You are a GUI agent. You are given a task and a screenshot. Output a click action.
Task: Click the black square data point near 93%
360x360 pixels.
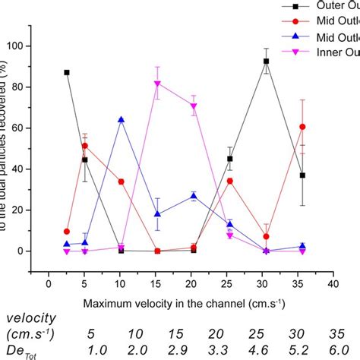coord(266,62)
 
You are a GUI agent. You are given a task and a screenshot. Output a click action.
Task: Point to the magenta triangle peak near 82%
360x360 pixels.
coord(157,84)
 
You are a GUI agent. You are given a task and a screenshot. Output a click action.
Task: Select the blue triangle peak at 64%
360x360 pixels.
coord(121,120)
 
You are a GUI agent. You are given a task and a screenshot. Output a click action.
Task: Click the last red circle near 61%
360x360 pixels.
coord(302,127)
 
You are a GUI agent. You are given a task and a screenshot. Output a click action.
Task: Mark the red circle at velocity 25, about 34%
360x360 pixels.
coord(230,182)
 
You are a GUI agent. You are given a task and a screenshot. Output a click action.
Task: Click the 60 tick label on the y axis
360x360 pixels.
coord(34,128)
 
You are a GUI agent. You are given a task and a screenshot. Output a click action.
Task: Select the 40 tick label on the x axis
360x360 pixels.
coord(333,285)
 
